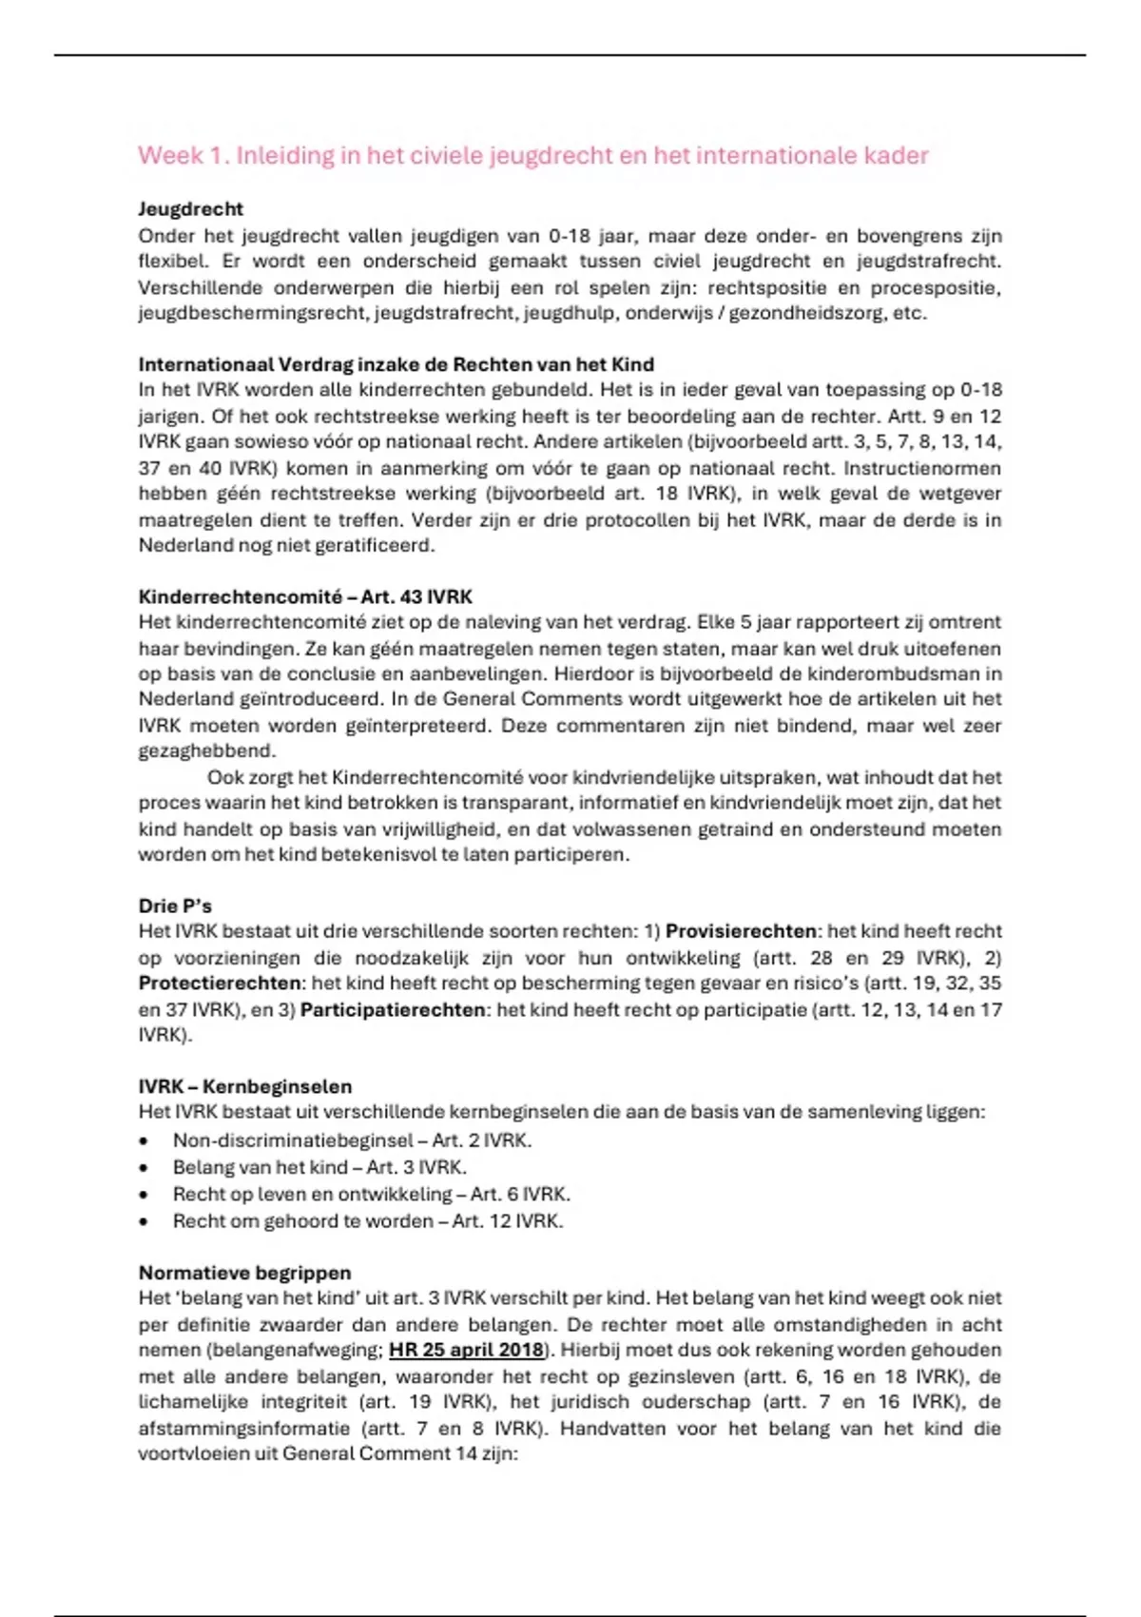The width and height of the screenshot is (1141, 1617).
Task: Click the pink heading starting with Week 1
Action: click(x=532, y=155)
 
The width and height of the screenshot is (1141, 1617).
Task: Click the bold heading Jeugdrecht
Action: click(x=190, y=209)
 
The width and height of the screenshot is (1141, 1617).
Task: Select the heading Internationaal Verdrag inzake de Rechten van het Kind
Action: click(x=396, y=364)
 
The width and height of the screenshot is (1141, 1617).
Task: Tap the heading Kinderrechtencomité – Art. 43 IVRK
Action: click(x=305, y=596)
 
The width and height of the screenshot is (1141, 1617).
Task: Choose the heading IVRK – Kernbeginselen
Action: click(x=244, y=1086)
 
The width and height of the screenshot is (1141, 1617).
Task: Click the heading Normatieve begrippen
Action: click(x=244, y=1273)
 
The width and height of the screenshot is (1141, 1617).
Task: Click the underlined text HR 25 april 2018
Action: click(x=466, y=1350)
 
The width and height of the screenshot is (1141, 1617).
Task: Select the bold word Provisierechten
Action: click(x=741, y=931)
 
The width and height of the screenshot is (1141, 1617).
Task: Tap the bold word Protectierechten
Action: click(x=220, y=984)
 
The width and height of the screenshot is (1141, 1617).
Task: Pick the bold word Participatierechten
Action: click(x=393, y=1010)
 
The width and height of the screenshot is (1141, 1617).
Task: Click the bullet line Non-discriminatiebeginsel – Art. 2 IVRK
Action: click(x=352, y=1140)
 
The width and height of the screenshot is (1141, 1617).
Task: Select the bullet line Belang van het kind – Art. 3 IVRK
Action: click(x=319, y=1167)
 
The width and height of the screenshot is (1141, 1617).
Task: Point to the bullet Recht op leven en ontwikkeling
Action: click(x=371, y=1194)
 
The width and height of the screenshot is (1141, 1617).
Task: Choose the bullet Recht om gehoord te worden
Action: click(x=367, y=1221)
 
